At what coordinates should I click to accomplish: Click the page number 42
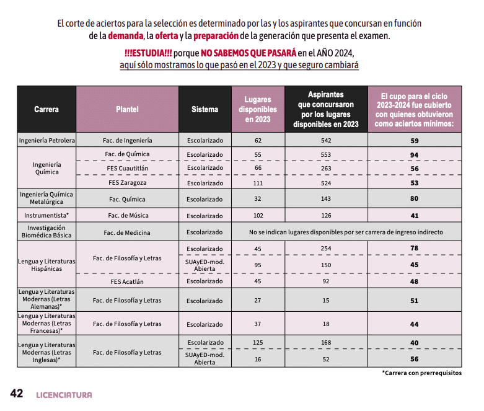point(16,394)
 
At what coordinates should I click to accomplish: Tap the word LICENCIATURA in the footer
point(64,395)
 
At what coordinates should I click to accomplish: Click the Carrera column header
point(46,109)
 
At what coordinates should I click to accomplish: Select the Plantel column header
point(127,109)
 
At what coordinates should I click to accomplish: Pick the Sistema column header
point(205,109)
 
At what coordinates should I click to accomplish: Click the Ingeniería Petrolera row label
point(47,141)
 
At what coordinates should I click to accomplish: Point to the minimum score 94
point(414,154)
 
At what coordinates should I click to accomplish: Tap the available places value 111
point(258,183)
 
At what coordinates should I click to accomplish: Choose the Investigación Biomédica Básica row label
point(46,232)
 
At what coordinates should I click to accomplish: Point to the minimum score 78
point(414,249)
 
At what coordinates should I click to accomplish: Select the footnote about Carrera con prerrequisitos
point(421,373)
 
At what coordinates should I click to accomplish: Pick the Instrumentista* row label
point(46,216)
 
